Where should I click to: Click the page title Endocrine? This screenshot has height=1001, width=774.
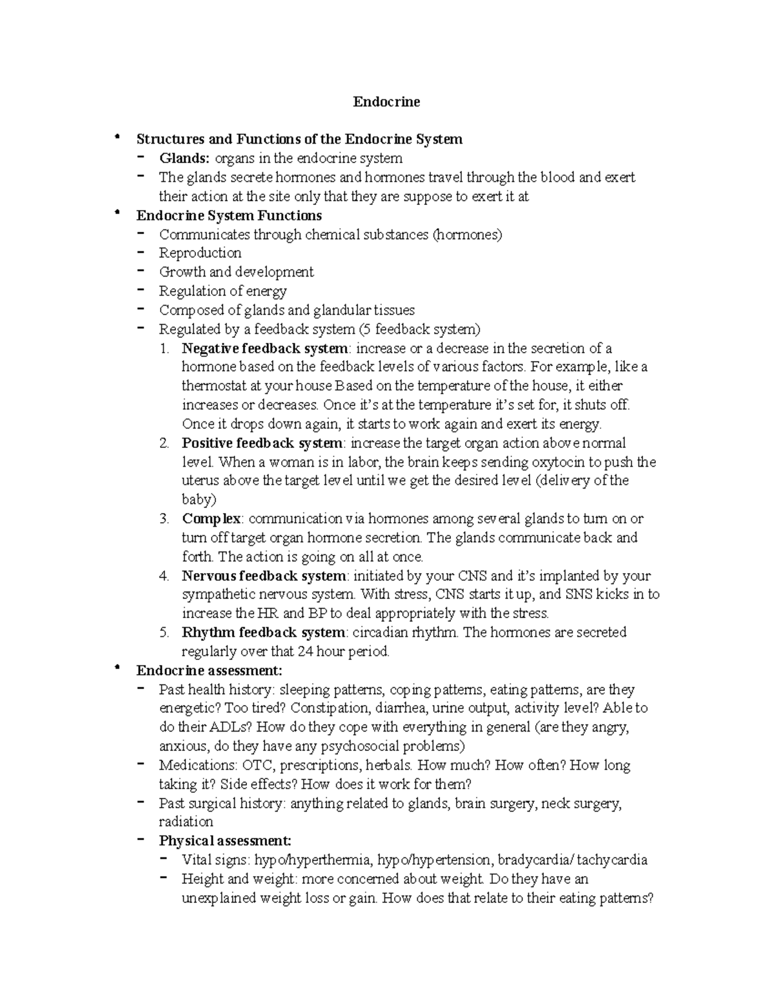pos(386,102)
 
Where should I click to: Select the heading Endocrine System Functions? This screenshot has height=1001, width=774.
pos(229,215)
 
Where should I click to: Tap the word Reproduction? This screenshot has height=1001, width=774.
pos(200,253)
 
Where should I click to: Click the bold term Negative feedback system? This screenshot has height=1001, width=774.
pos(264,349)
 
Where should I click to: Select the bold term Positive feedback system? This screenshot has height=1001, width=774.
pos(263,443)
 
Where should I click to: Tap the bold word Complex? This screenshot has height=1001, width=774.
pos(212,519)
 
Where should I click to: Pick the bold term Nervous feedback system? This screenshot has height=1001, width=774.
pos(264,576)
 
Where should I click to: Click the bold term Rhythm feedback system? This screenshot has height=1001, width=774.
pos(264,632)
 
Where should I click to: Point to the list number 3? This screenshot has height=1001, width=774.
pos(164,519)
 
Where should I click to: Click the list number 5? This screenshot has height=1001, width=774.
pos(164,632)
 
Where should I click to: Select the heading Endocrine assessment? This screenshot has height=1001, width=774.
pos(210,670)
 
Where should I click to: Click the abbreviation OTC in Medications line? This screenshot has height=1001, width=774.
pos(256,766)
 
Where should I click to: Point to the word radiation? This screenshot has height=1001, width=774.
pos(186,822)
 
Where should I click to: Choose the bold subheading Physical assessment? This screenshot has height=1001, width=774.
pos(225,841)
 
